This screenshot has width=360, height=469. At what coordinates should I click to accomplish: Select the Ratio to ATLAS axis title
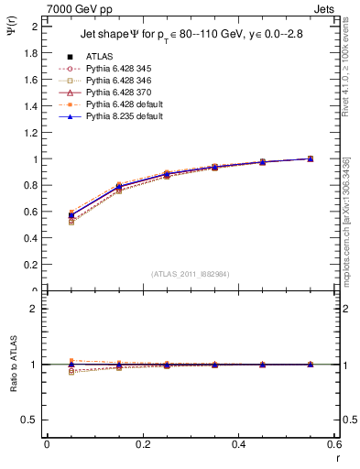[x=13, y=364]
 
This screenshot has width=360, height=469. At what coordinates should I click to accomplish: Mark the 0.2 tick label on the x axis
[x=142, y=444]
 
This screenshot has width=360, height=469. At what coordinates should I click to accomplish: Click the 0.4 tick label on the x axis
[x=238, y=444]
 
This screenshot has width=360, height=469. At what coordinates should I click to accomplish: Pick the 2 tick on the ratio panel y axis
[x=34, y=309]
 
